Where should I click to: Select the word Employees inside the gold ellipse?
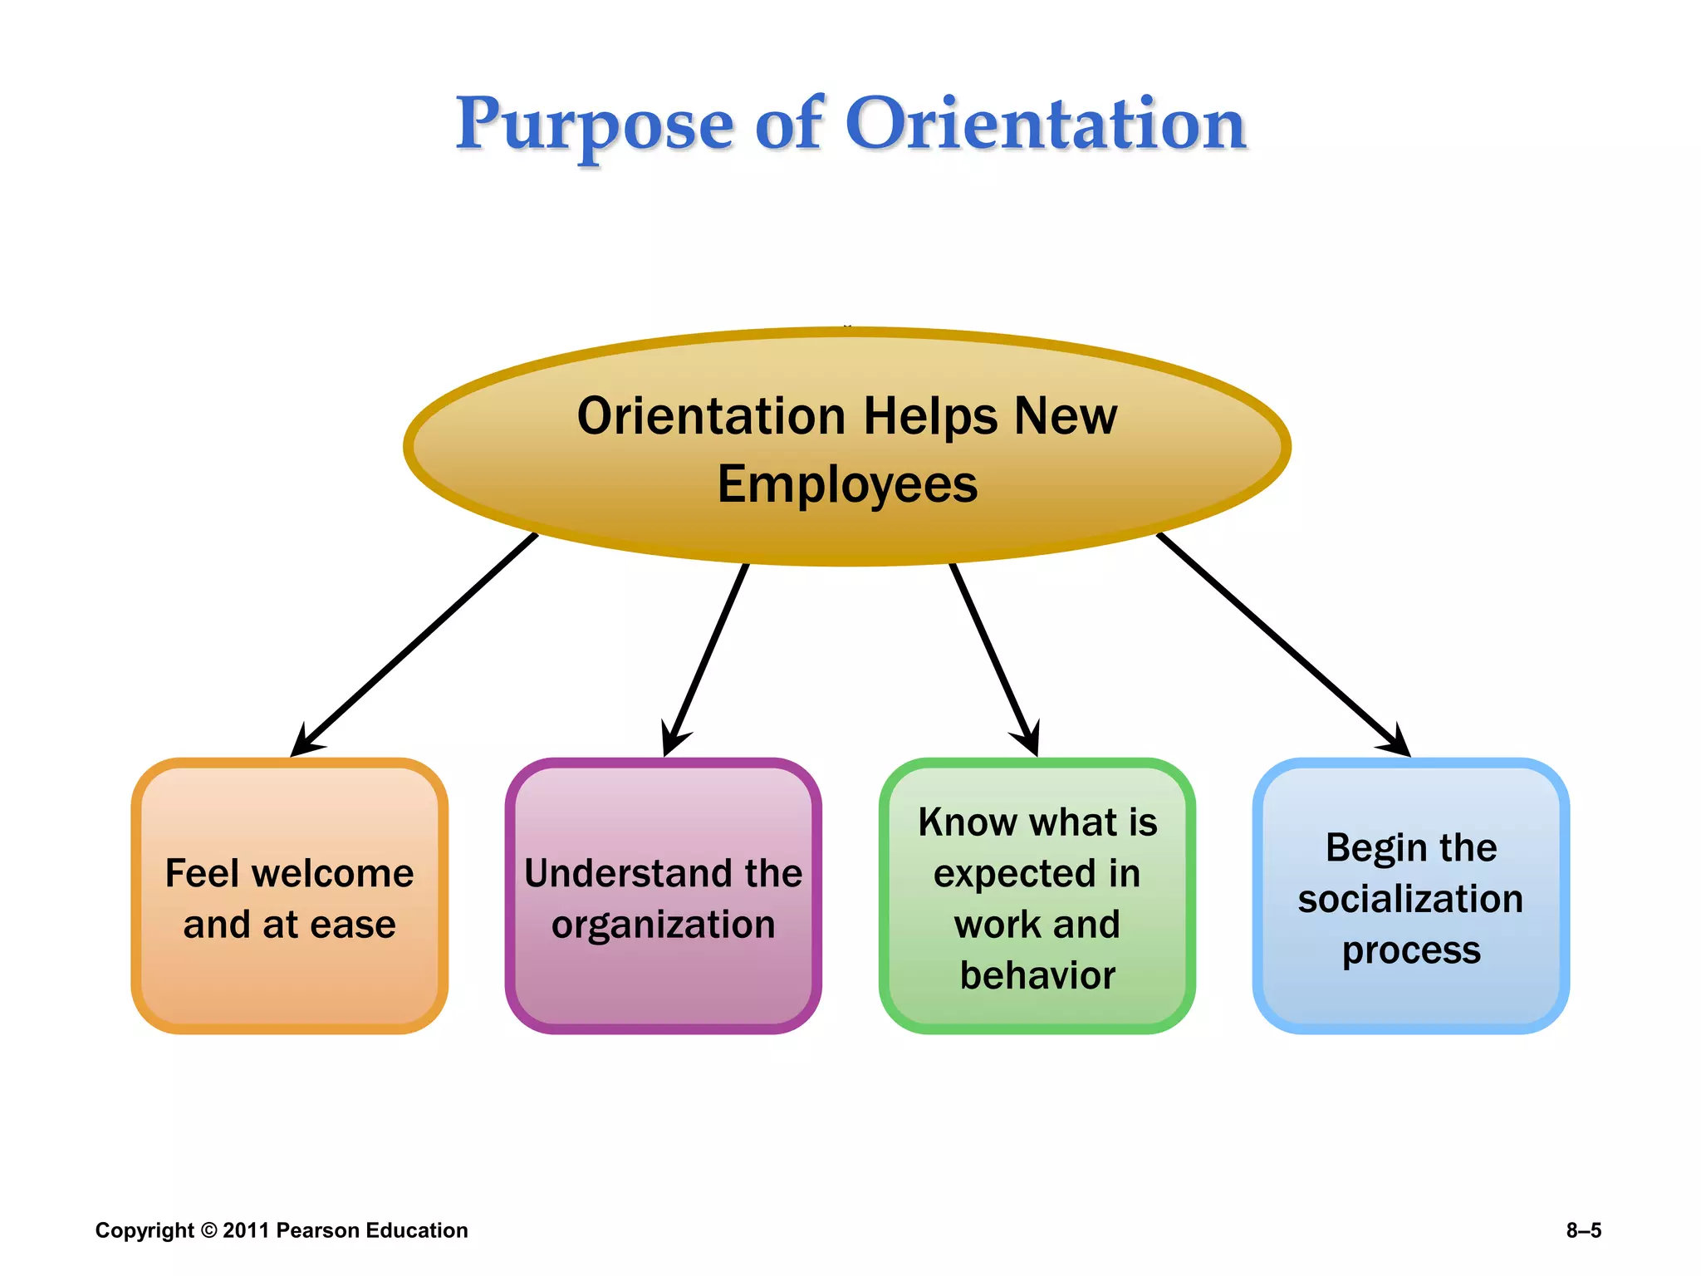coord(847,484)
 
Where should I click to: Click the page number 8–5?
coord(1583,1230)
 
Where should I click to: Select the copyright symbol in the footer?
coord(208,1230)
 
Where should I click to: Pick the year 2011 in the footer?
coord(246,1230)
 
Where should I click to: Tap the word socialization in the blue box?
coord(1410,899)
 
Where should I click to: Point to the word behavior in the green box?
coord(1037,975)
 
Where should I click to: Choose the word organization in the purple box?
coord(663,925)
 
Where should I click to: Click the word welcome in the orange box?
coord(332,873)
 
